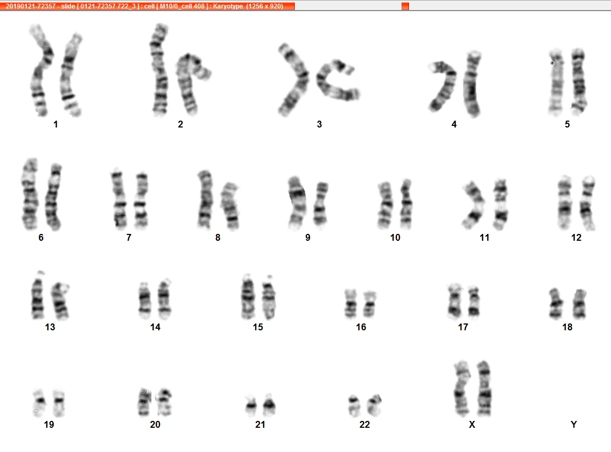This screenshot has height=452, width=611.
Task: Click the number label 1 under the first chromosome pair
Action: click(x=56, y=124)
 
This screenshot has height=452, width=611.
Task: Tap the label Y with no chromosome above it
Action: click(x=574, y=424)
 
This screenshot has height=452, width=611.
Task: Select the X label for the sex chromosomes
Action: click(x=472, y=424)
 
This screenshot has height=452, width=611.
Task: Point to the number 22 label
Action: click(x=364, y=424)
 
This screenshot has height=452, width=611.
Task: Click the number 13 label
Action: click(x=50, y=327)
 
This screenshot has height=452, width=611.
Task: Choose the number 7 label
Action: click(x=129, y=238)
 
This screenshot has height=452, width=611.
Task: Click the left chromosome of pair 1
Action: click(x=41, y=70)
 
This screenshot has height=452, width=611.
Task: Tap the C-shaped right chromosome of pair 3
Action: click(x=336, y=81)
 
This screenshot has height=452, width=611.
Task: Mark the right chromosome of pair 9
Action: click(x=320, y=204)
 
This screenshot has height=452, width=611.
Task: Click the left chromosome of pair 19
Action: click(x=39, y=402)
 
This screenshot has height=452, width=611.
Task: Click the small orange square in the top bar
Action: click(x=405, y=6)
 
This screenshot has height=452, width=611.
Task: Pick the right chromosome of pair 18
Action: click(x=580, y=304)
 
